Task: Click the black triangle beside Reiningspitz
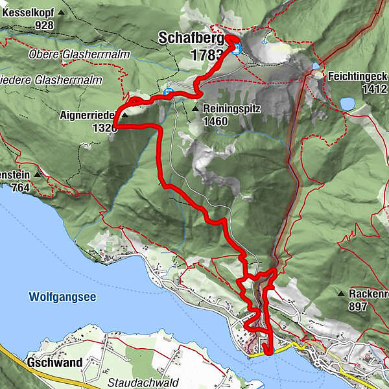(x=195, y=109)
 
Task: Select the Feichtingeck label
(x=359, y=75)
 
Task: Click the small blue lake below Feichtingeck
(x=348, y=103)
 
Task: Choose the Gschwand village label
(x=54, y=362)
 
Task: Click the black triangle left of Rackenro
(x=341, y=294)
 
